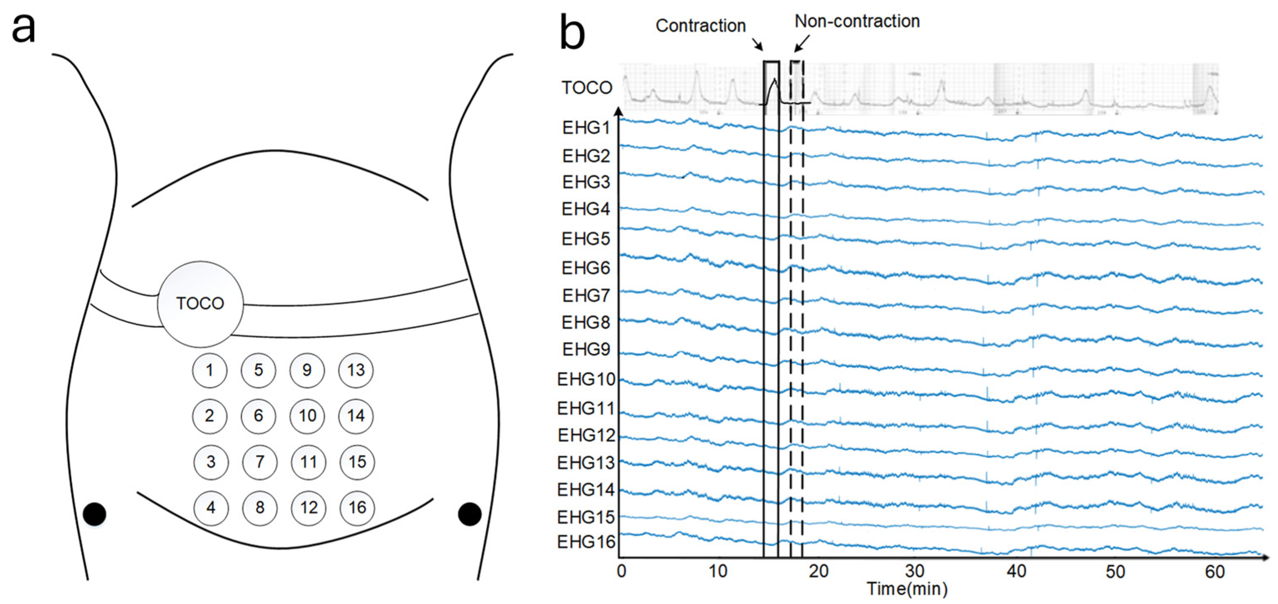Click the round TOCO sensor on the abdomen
[200, 304]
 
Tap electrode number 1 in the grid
[209, 370]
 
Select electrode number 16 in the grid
[357, 507]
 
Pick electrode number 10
[307, 415]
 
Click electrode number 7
[259, 462]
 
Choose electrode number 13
[356, 370]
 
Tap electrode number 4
[211, 507]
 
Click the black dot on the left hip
[94, 514]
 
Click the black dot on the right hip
[469, 514]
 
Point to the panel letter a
[23, 28]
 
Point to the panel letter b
[572, 33]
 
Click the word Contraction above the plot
[701, 26]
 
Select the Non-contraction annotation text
[857, 21]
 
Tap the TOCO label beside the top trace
[587, 88]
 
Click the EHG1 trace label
[586, 128]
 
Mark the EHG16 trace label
[586, 542]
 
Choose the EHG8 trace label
[586, 323]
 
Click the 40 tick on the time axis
[1016, 572]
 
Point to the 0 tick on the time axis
[621, 572]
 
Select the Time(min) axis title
[907, 589]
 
